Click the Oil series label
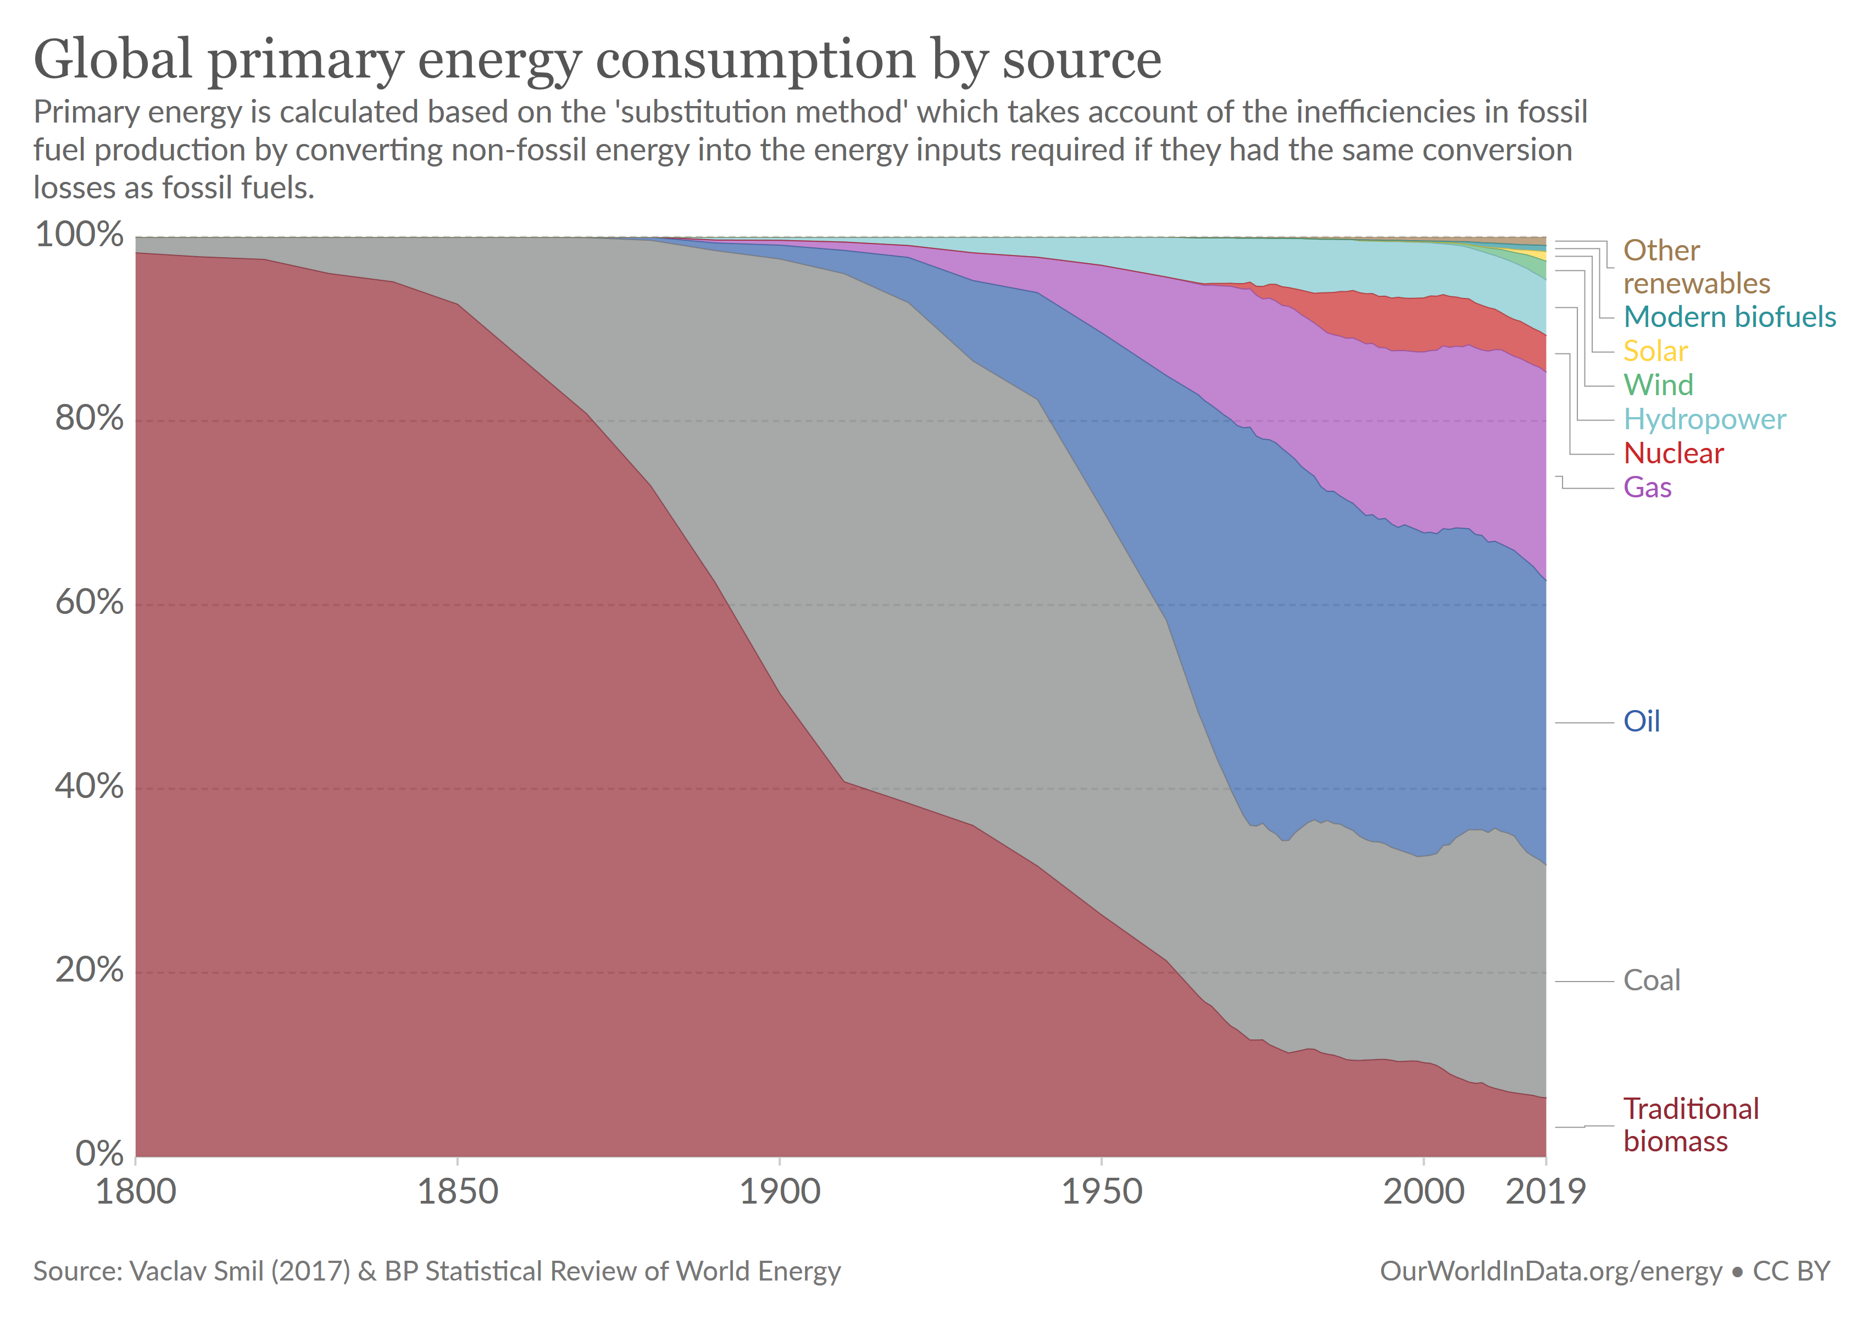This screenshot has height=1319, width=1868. point(1641,721)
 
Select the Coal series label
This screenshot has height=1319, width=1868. point(1651,980)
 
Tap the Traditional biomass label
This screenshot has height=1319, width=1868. point(1690,1124)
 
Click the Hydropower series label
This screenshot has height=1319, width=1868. point(1704,418)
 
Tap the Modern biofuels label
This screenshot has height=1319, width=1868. point(1729,317)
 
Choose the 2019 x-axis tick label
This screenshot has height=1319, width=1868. point(1545,1191)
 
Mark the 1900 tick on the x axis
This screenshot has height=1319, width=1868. point(780,1191)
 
